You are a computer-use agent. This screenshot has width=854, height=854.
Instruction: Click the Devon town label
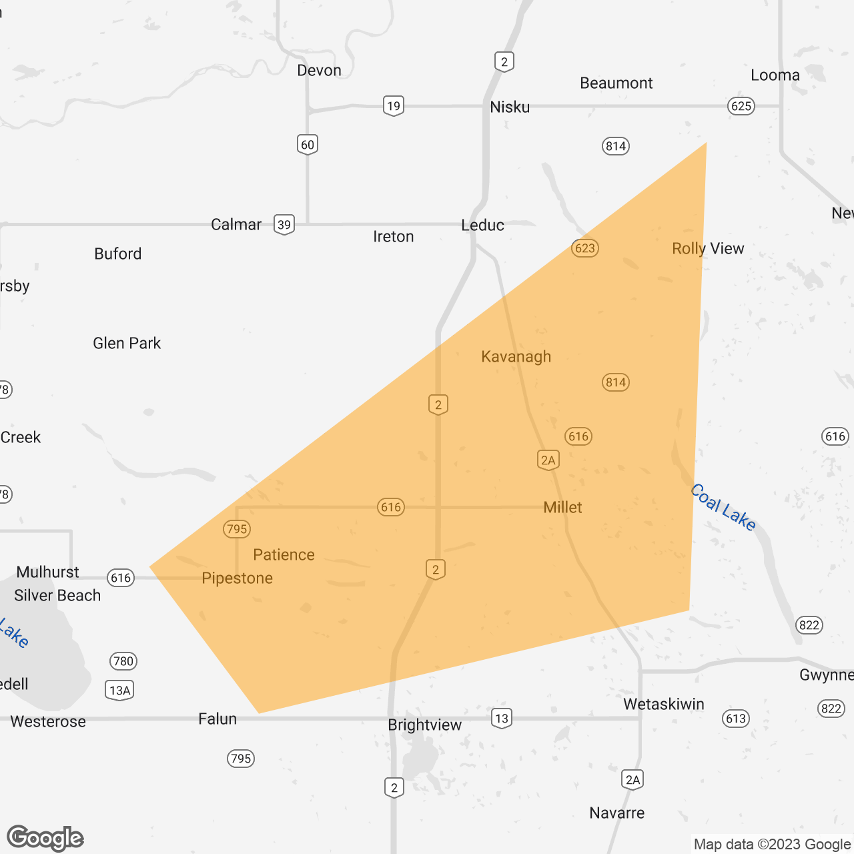(x=319, y=70)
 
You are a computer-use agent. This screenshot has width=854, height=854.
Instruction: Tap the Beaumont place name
(x=616, y=83)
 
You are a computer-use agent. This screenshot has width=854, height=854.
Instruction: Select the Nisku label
(x=510, y=107)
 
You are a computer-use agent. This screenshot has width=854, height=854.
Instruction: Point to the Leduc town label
(x=482, y=225)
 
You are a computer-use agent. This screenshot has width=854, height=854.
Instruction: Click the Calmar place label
(x=236, y=224)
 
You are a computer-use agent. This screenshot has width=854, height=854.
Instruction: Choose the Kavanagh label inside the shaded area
(x=516, y=356)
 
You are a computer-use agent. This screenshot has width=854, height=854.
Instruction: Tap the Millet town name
(x=562, y=507)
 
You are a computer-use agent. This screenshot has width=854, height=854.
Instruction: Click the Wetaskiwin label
(x=663, y=704)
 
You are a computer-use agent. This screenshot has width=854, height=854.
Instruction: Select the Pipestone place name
(x=237, y=578)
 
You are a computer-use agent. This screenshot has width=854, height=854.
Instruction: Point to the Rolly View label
(x=708, y=248)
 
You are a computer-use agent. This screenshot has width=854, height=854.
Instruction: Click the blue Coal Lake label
(x=723, y=507)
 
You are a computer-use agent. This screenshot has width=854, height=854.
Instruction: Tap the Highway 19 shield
(x=394, y=105)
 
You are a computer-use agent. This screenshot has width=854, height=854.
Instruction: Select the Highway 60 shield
(x=307, y=145)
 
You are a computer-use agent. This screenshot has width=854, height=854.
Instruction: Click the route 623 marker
(x=584, y=248)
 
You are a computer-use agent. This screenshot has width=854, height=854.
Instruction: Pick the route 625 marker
(x=741, y=106)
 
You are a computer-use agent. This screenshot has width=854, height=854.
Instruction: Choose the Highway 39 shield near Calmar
(x=284, y=225)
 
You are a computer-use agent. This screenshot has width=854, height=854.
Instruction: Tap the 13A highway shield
(x=120, y=690)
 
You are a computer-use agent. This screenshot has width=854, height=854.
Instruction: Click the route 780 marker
(x=123, y=661)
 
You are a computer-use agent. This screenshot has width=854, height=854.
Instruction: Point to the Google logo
(x=45, y=838)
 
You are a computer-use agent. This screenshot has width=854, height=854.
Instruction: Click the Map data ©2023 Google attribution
(x=772, y=844)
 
